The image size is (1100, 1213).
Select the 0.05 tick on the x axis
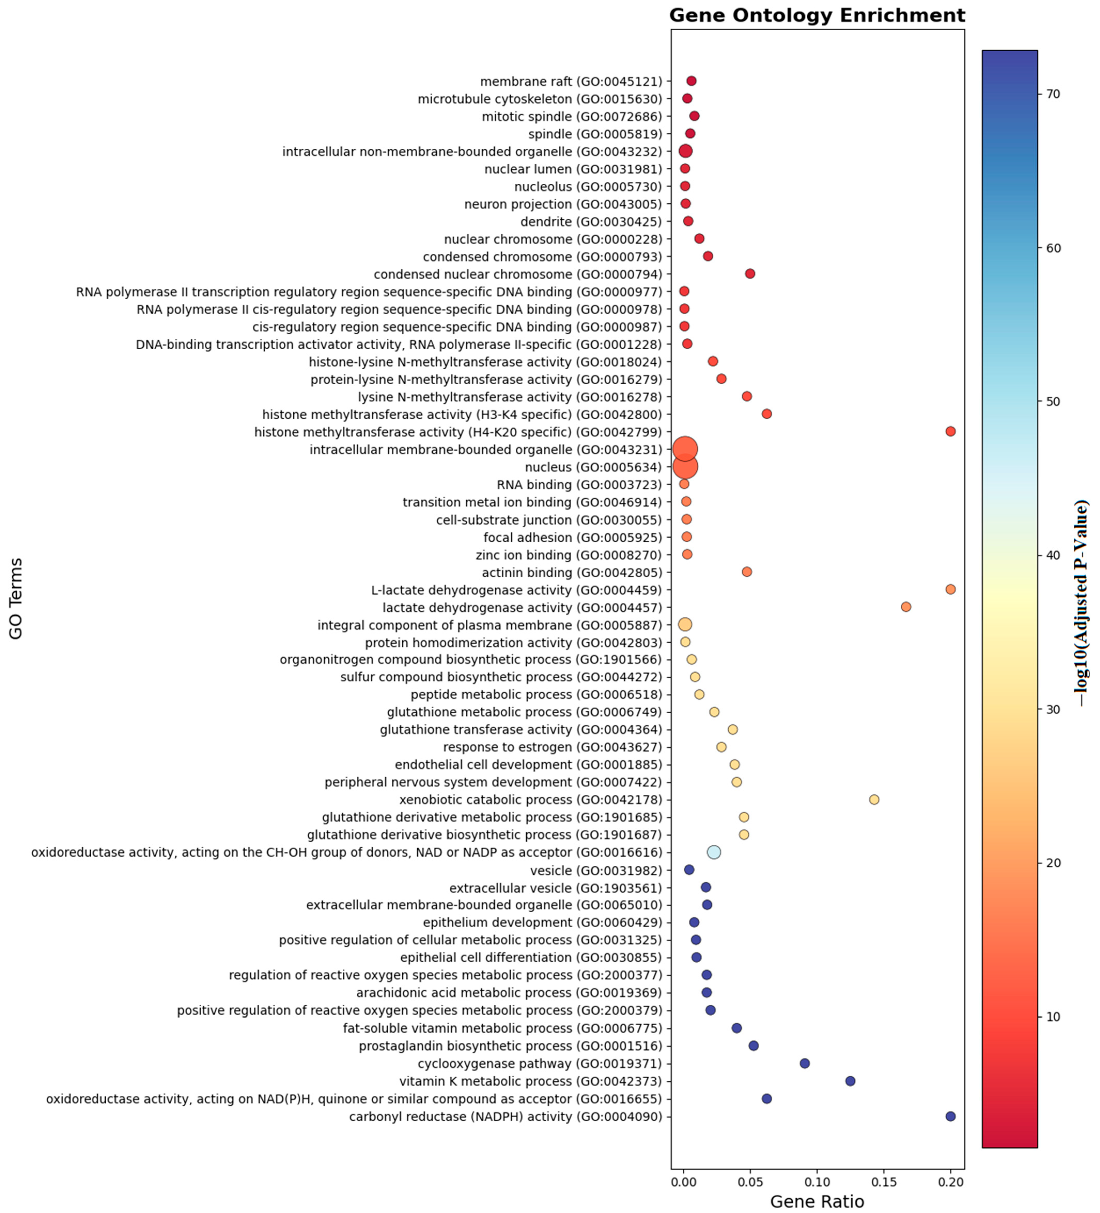(x=750, y=1182)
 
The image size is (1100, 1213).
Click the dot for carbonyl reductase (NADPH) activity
(x=950, y=1116)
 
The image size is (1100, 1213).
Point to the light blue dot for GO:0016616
(x=713, y=852)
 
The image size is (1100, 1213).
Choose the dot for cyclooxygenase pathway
(x=804, y=1063)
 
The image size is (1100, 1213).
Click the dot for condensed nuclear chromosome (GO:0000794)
(x=750, y=274)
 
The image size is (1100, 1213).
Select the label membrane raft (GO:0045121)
(x=571, y=81)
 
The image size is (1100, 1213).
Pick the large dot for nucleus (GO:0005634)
(x=685, y=466)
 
